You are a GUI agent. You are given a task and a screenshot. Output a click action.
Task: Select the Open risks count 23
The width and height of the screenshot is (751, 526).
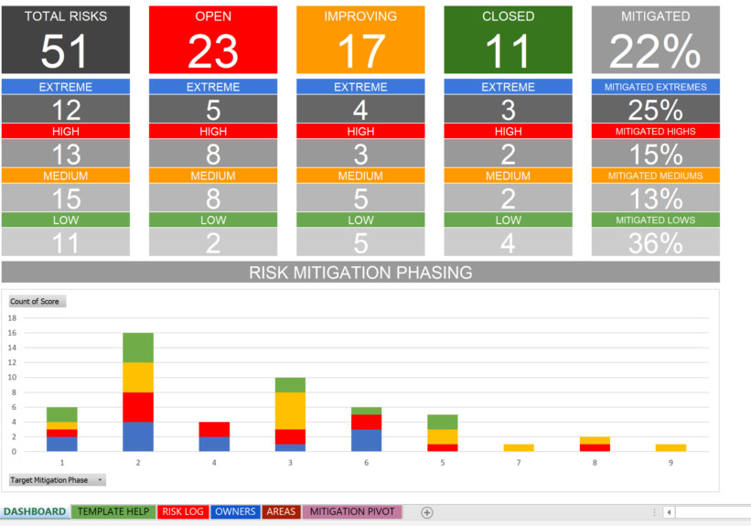tap(212, 51)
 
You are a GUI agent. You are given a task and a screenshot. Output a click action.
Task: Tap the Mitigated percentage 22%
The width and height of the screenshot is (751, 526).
tap(655, 51)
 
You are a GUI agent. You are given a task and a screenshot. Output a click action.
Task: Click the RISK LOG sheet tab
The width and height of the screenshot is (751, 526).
tap(183, 511)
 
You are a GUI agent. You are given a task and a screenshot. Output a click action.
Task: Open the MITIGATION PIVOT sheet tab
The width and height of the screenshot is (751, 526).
tap(353, 511)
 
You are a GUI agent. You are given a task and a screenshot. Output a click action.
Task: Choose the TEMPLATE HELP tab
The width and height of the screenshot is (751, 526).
tap(113, 511)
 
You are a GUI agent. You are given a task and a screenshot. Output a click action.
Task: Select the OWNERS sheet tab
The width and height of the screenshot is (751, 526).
tap(235, 511)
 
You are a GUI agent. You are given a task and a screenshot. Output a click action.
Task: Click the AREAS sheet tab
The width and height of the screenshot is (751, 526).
tap(281, 511)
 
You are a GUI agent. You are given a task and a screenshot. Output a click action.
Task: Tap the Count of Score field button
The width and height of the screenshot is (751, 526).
tap(37, 301)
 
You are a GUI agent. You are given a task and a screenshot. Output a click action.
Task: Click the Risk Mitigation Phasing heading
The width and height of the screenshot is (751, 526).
tap(360, 272)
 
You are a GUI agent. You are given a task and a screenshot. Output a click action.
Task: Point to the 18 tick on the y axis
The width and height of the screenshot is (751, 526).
tap(13, 318)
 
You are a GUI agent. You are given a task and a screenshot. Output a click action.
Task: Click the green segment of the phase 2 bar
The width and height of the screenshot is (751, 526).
tap(138, 348)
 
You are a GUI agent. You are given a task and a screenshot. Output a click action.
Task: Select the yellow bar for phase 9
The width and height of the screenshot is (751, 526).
tap(671, 447)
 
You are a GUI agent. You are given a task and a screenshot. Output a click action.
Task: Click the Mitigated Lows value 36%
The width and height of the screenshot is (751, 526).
tap(655, 242)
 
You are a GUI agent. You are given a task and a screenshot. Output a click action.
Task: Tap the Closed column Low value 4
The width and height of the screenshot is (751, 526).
tap(508, 242)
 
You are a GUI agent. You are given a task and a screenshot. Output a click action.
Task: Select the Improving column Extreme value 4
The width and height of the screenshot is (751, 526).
tap(360, 110)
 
